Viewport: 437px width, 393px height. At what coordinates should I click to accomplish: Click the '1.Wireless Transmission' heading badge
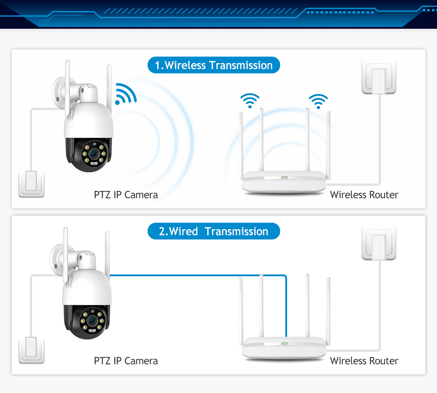(x=214, y=65)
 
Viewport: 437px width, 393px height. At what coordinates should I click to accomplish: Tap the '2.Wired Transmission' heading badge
(x=214, y=231)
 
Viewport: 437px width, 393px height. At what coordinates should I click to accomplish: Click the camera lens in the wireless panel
(x=94, y=154)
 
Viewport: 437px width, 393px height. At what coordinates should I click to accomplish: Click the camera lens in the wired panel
(x=92, y=321)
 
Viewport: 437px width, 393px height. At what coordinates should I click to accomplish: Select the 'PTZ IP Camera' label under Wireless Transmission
(x=126, y=195)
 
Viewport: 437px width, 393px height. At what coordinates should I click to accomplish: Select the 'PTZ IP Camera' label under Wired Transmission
(x=126, y=361)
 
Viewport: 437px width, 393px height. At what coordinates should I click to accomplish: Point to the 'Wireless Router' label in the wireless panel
(x=364, y=195)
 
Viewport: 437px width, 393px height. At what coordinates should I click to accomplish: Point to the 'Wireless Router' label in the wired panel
(x=364, y=361)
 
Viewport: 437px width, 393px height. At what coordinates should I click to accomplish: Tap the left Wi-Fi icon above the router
(x=250, y=101)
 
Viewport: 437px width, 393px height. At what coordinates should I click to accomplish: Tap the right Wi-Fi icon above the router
(x=318, y=101)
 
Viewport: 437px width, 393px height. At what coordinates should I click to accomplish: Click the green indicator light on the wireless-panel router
(x=284, y=178)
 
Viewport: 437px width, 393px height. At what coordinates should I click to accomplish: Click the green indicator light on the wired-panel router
(x=284, y=344)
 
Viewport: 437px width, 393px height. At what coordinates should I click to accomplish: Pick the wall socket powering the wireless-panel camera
(x=31, y=185)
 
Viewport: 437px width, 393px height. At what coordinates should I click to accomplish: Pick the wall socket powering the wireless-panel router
(x=379, y=77)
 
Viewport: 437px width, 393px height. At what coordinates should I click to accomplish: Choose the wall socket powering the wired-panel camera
(x=31, y=351)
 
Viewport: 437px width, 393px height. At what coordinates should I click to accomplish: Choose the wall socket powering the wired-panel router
(x=379, y=243)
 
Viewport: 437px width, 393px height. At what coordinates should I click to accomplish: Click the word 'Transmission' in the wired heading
(x=237, y=231)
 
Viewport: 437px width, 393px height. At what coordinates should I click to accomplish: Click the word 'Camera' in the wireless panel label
(x=141, y=195)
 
